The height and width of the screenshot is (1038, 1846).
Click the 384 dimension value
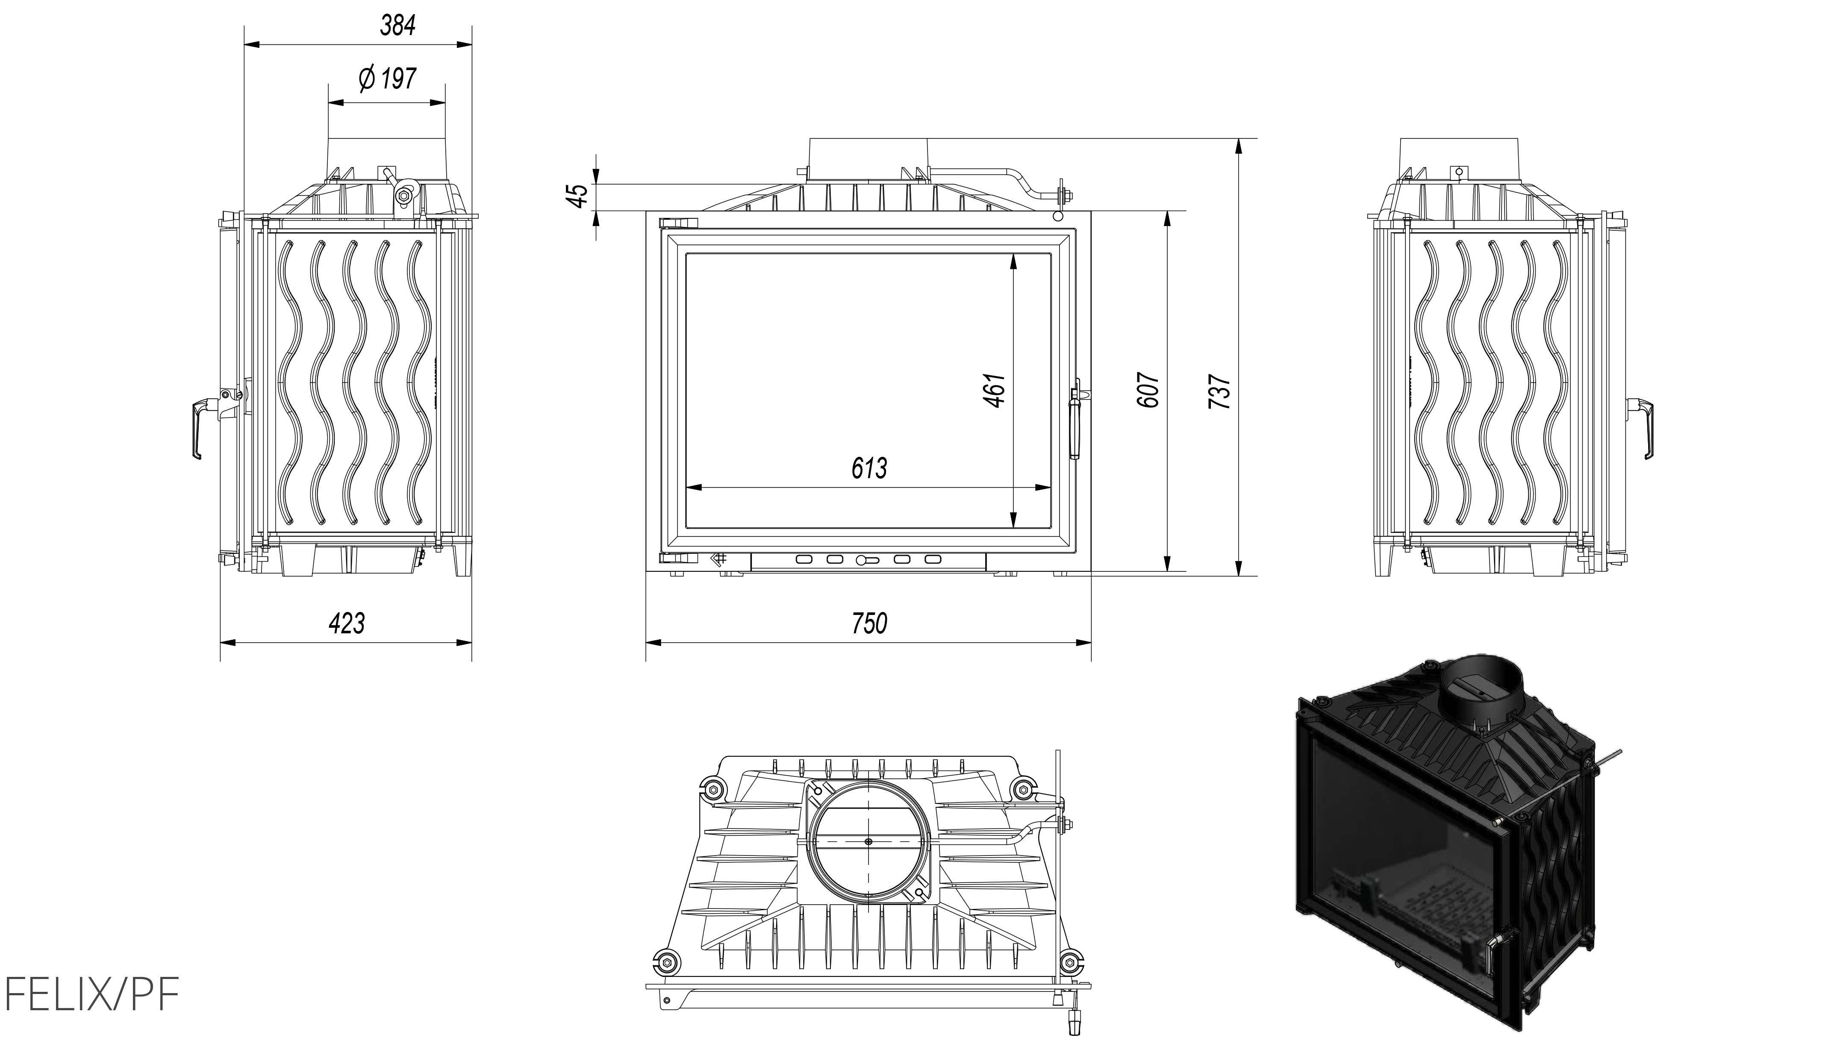tap(398, 26)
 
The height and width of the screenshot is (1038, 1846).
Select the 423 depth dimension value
tap(347, 623)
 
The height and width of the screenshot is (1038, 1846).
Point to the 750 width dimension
tap(869, 623)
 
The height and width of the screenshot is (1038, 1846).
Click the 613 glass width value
tap(869, 468)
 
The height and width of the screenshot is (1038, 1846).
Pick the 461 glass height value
tap(995, 391)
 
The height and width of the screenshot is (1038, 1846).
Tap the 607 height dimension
tap(1147, 391)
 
